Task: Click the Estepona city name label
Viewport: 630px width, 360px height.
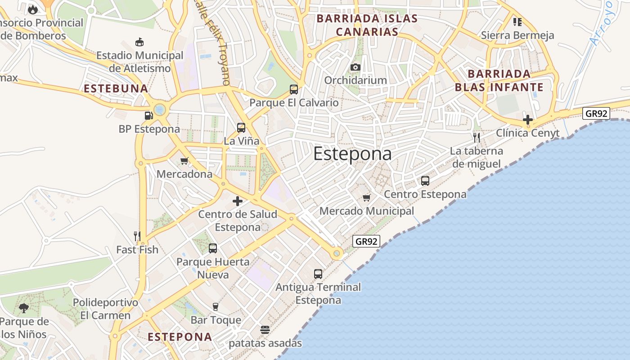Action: click(x=352, y=154)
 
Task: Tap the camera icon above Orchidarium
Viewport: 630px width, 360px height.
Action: click(x=355, y=67)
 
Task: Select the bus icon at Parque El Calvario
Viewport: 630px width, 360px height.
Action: click(x=294, y=89)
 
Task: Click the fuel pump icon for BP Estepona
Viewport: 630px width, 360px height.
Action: click(x=148, y=116)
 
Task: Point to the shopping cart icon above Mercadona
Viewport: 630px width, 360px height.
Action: click(x=184, y=161)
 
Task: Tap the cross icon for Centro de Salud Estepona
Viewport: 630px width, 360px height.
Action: click(x=238, y=201)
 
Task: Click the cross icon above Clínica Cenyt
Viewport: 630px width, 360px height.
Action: click(x=528, y=120)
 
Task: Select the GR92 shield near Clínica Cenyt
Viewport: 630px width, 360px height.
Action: click(x=596, y=113)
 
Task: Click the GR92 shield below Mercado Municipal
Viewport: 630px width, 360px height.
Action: click(x=366, y=241)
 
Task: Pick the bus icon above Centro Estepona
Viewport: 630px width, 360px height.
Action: click(x=425, y=181)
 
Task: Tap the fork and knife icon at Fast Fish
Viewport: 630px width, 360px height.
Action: click(x=137, y=236)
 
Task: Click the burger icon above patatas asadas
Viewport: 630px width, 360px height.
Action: click(x=265, y=330)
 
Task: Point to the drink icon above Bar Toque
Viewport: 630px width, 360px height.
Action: click(x=216, y=307)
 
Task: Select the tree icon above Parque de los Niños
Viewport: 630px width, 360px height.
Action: click(x=24, y=308)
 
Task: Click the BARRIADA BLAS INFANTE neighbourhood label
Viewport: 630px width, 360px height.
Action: click(x=499, y=81)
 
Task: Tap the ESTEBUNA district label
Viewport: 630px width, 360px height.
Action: click(x=116, y=88)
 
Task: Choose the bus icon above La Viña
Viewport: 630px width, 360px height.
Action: click(x=241, y=127)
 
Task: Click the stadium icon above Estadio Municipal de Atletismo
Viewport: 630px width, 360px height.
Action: click(x=139, y=42)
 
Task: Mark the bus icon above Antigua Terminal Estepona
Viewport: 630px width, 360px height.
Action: click(x=318, y=274)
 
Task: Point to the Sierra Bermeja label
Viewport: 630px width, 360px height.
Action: click(x=517, y=35)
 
